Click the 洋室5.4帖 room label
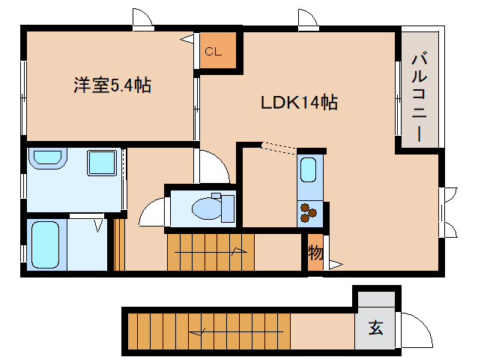pyautogui.click(x=112, y=85)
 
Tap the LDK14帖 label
pyautogui.click(x=298, y=103)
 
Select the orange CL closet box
pyautogui.click(x=218, y=52)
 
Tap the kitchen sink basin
pyautogui.click(x=309, y=169)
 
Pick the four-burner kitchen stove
pyautogui.click(x=309, y=214)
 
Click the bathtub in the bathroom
pyautogui.click(x=45, y=244)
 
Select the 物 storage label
pyautogui.click(x=315, y=253)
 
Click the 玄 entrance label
pyautogui.click(x=375, y=328)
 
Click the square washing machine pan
pyautogui.click(x=101, y=163)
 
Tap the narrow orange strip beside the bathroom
pyautogui.click(x=118, y=244)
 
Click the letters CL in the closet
pyautogui.click(x=213, y=52)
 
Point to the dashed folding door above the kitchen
pyautogui.click(x=278, y=148)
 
